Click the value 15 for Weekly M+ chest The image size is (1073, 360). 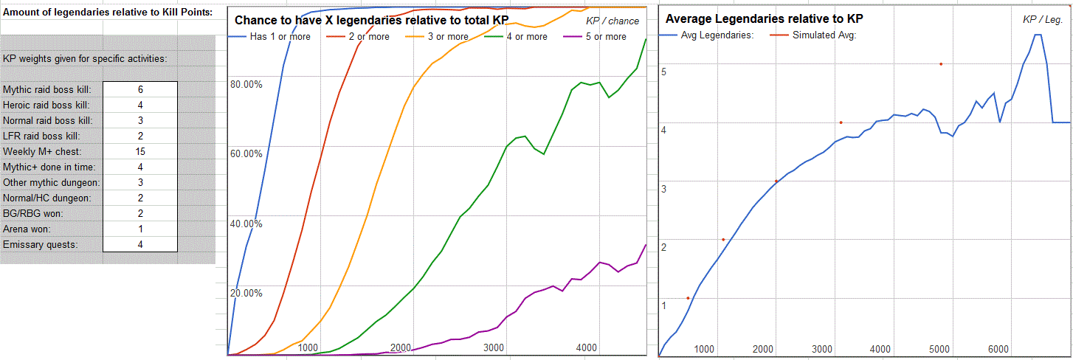click(140, 151)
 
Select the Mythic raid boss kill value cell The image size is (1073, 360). click(140, 89)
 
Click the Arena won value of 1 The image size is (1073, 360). click(140, 229)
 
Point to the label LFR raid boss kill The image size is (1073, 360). click(41, 136)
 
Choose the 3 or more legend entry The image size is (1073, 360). click(443, 36)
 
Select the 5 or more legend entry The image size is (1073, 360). click(601, 36)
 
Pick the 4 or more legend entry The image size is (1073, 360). click(522, 36)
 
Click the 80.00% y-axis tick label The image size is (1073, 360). click(246, 84)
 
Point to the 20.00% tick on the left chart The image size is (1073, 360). click(246, 293)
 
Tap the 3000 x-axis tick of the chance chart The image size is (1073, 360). click(494, 347)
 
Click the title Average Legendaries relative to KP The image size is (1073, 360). click(765, 18)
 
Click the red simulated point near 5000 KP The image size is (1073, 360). click(941, 64)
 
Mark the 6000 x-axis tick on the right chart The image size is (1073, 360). click(998, 349)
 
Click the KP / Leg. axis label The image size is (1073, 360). click(1042, 20)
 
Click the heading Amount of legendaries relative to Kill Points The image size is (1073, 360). click(107, 13)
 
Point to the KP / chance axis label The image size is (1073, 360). click(613, 21)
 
